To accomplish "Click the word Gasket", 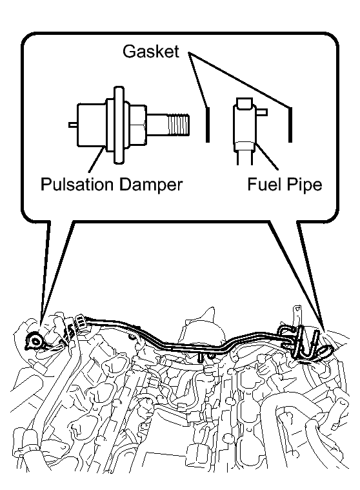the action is click(x=151, y=51).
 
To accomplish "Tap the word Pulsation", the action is click(x=77, y=185).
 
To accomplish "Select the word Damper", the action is click(x=150, y=185).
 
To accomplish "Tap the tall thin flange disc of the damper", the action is click(x=118, y=125).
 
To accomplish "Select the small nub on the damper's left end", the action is click(x=73, y=125).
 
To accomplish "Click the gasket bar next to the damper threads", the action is click(x=208, y=125).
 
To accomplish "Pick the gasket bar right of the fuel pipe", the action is click(x=290, y=125).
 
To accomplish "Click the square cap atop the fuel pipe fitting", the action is click(x=245, y=103).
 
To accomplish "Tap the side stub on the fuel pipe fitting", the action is click(x=262, y=112).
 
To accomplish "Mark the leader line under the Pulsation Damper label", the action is click(x=96, y=160).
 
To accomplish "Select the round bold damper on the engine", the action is click(x=34, y=341).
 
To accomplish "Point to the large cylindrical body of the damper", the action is click(x=92, y=125).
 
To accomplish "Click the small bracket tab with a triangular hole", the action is click(x=297, y=313).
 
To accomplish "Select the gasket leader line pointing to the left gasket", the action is click(x=197, y=81).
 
